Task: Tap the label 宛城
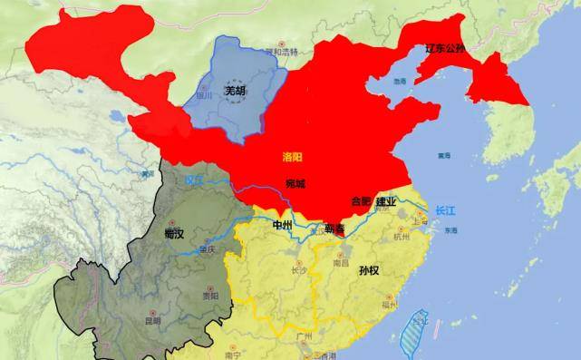pyautogui.click(x=295, y=184)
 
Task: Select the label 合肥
pyautogui.click(x=361, y=201)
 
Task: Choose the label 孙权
pyautogui.click(x=370, y=269)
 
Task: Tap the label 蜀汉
pyautogui.click(x=174, y=234)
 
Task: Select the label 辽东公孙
pyautogui.click(x=444, y=48)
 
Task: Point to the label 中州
pyautogui.click(x=283, y=224)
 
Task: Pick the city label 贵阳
pyautogui.click(x=210, y=296)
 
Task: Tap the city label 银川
pyautogui.click(x=204, y=94)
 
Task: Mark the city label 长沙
pyautogui.click(x=295, y=269)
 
